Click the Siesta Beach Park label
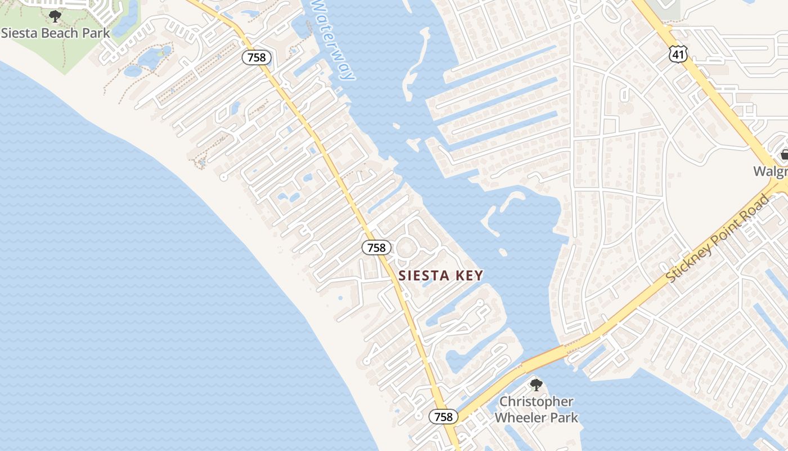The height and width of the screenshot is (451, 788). click(55, 33)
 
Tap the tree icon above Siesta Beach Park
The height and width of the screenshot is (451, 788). click(55, 16)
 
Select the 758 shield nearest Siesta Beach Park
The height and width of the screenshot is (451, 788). click(257, 57)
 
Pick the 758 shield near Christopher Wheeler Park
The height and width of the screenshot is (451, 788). click(444, 417)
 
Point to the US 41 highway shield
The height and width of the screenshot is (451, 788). click(678, 54)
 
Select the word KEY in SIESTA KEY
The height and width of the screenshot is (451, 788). click(471, 276)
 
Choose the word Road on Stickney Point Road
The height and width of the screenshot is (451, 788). click(758, 204)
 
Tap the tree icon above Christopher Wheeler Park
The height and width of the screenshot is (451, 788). click(536, 385)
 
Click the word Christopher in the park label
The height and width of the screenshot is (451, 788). click(536, 402)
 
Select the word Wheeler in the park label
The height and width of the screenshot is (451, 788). click(522, 418)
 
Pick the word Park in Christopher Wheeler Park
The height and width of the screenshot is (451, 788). click(565, 418)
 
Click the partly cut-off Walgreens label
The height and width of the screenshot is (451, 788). click(771, 171)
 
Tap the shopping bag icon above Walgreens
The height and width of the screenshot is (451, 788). click(784, 154)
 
